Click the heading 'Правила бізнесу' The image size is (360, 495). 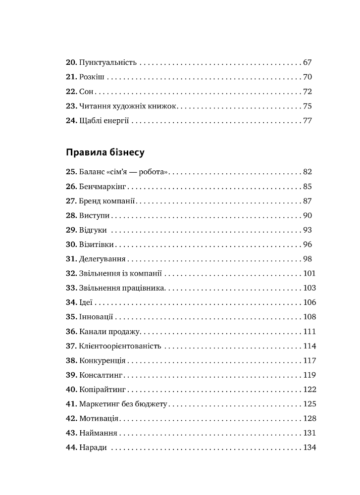(x=105, y=152)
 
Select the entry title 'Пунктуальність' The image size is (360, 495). (x=107, y=63)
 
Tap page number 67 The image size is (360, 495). (x=307, y=63)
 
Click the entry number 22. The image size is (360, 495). (x=71, y=92)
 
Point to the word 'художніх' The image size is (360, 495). (x=129, y=106)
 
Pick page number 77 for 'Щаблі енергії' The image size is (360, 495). (x=307, y=120)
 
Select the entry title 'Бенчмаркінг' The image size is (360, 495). (x=103, y=187)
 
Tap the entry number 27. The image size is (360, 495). (x=71, y=201)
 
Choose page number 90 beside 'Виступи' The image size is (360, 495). (x=307, y=215)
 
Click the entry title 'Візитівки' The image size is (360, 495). (x=97, y=245)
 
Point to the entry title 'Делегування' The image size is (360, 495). (x=102, y=259)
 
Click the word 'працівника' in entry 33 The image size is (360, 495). (x=146, y=288)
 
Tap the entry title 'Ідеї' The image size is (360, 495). (x=86, y=302)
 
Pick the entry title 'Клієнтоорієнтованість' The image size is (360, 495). (x=120, y=346)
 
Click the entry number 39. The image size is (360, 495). (x=71, y=375)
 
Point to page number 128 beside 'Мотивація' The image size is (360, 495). (x=309, y=418)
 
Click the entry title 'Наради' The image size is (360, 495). (x=93, y=447)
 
